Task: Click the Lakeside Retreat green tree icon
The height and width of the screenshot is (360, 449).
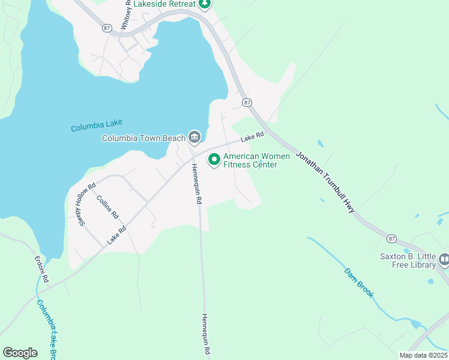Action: point(205,4)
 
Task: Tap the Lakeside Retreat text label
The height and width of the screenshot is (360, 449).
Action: point(164,4)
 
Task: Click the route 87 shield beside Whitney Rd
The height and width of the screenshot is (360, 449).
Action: point(107,28)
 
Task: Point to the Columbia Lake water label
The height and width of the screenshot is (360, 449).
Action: point(97,127)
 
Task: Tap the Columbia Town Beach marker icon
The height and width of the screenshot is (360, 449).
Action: point(194,138)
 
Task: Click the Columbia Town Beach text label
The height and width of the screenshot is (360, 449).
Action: point(144,138)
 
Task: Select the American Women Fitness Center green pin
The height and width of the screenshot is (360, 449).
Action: point(214,160)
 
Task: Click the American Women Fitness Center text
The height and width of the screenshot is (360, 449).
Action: point(256,160)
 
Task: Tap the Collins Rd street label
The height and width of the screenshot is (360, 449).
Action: point(107,207)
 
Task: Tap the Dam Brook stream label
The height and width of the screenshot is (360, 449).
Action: point(359,282)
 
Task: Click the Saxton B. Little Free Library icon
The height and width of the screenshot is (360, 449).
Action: point(444,260)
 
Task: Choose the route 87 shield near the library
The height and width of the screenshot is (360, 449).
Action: point(392,239)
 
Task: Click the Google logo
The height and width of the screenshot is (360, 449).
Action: point(20,353)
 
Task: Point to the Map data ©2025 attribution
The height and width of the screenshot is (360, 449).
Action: point(423,355)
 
